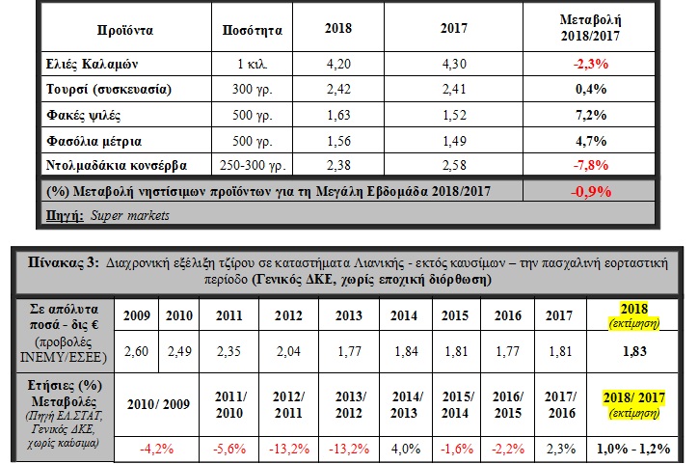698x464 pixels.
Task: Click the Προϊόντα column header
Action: coord(125,30)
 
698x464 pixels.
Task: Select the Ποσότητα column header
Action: coord(252,30)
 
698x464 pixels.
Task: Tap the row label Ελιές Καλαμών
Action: coord(93,64)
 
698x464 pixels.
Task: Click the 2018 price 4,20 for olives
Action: coord(338,64)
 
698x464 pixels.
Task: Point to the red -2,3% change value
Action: coord(590,64)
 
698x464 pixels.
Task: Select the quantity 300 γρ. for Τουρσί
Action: coord(252,89)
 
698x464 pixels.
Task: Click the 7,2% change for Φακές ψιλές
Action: coord(591,115)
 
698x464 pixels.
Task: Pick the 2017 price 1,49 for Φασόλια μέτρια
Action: coord(454,141)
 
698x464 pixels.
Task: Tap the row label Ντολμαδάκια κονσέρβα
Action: coord(117,165)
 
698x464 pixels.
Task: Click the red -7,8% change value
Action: coord(590,165)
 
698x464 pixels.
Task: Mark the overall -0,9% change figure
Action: coord(591,191)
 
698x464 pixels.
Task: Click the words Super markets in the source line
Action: coord(130,215)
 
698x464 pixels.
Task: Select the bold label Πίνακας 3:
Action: coord(64,262)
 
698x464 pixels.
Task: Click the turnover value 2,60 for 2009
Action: coord(136,351)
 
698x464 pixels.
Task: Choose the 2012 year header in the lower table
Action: coord(288,315)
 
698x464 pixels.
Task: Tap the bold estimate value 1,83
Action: coord(634,351)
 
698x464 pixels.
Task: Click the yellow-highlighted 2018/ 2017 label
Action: coord(634,397)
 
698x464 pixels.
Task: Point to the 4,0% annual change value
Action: coord(406,449)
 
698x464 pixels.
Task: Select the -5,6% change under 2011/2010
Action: coord(229,449)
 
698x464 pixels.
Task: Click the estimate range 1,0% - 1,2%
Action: coord(633,449)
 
